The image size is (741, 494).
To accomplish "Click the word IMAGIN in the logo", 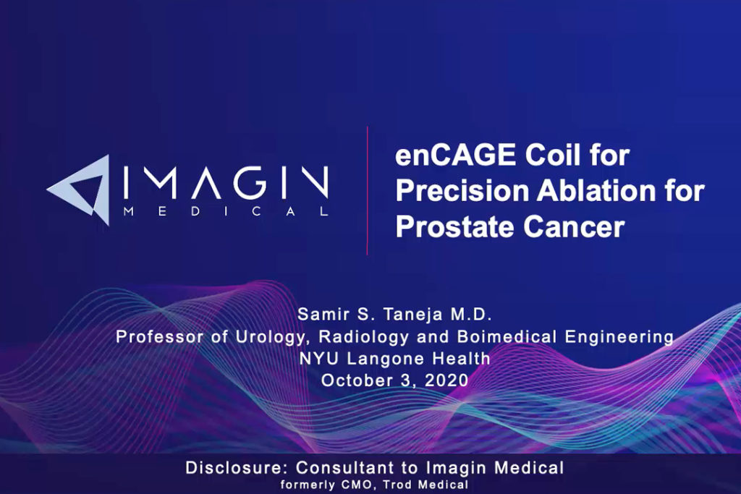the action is point(226,182).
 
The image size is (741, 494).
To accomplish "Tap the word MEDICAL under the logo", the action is point(226,211).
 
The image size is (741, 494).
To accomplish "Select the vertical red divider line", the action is point(367,190).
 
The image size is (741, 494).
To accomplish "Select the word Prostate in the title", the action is point(454,226).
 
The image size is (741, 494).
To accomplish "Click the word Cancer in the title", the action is point(574,227).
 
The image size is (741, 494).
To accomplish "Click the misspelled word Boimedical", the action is point(507,337).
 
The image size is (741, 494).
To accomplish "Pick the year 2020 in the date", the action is point(446,380).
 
